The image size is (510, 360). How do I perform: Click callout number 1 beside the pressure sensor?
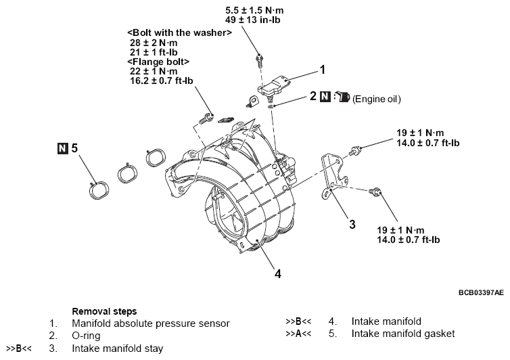(323, 69)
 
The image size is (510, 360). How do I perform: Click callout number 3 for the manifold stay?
(352, 224)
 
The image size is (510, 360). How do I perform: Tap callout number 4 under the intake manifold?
(277, 274)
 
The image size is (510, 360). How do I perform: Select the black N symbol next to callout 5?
(63, 146)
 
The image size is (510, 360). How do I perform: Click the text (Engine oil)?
(377, 99)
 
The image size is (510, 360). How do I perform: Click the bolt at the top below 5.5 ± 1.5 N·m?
(259, 60)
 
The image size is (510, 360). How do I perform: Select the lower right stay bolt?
(373, 194)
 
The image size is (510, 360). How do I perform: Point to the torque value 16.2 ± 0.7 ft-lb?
(161, 80)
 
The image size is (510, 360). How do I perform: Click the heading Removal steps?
(104, 311)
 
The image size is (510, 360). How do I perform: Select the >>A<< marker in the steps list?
(298, 334)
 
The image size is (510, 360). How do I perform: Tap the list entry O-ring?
(88, 336)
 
